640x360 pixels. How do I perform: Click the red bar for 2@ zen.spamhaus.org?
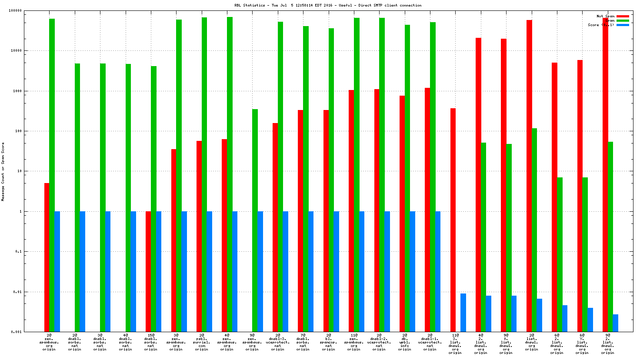47,257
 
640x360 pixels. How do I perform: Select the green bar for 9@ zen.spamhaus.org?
255,220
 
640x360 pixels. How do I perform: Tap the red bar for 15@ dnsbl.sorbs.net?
148,271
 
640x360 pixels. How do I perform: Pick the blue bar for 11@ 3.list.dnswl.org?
463,312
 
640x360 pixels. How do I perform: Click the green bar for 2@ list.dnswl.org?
534,230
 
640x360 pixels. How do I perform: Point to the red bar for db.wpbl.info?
402,213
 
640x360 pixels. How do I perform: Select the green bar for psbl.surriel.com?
204,174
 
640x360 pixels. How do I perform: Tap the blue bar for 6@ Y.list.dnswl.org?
590,320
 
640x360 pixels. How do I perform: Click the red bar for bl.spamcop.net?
326,220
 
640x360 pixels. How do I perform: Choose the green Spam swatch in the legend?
623,20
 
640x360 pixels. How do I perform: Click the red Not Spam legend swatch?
623,16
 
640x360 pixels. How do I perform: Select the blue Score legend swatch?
623,25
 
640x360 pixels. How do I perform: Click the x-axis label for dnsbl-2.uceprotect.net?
379,342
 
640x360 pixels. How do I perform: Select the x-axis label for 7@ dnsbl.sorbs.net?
303,342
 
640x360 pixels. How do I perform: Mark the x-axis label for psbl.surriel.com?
201,342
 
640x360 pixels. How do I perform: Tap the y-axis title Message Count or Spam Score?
3,171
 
